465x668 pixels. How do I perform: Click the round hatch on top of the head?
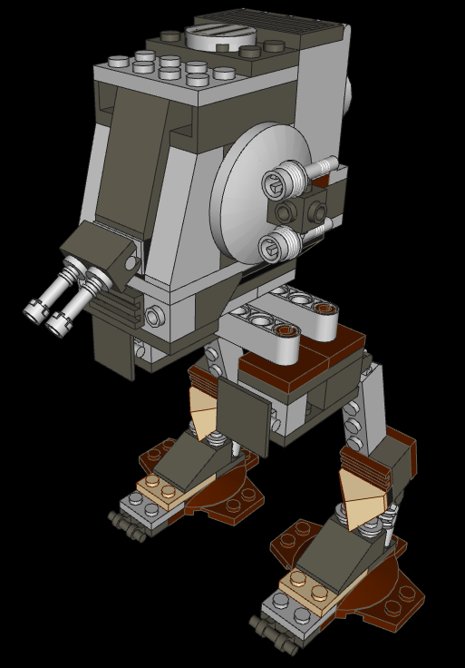click(216, 37)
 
